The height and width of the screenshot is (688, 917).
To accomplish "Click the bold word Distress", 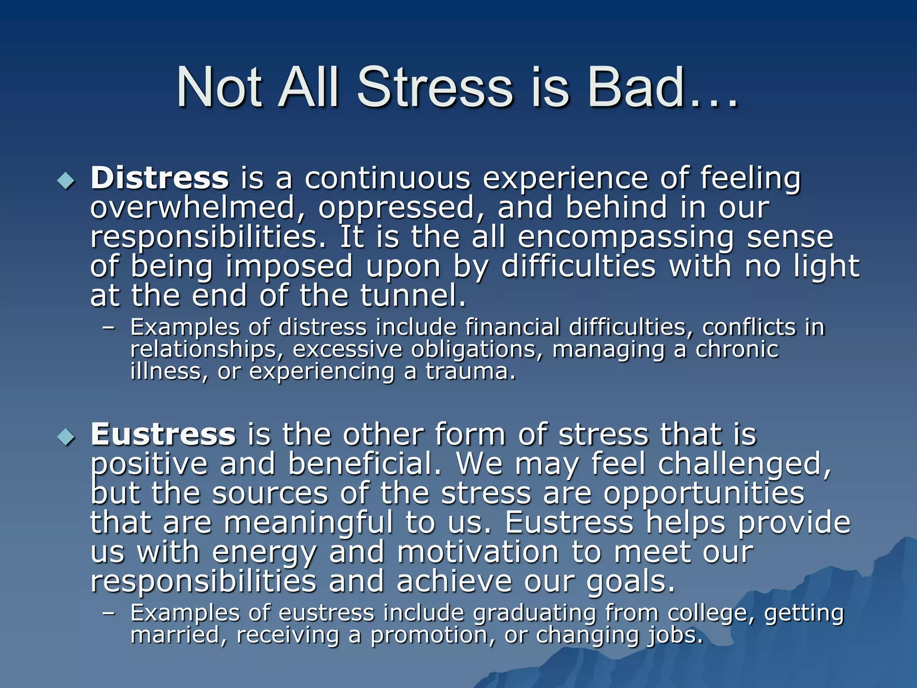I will coord(159,178).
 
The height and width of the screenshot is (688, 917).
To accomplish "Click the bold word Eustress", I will coord(163,434).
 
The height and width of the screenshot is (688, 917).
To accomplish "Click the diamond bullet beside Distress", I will coord(66,181).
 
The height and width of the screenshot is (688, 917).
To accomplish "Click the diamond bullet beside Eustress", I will coord(66,437).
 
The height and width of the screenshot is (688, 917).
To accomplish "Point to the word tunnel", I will coord(413,297).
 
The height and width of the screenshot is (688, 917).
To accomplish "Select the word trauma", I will coord(470,372).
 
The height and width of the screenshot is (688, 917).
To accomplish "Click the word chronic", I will coord(737,349).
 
